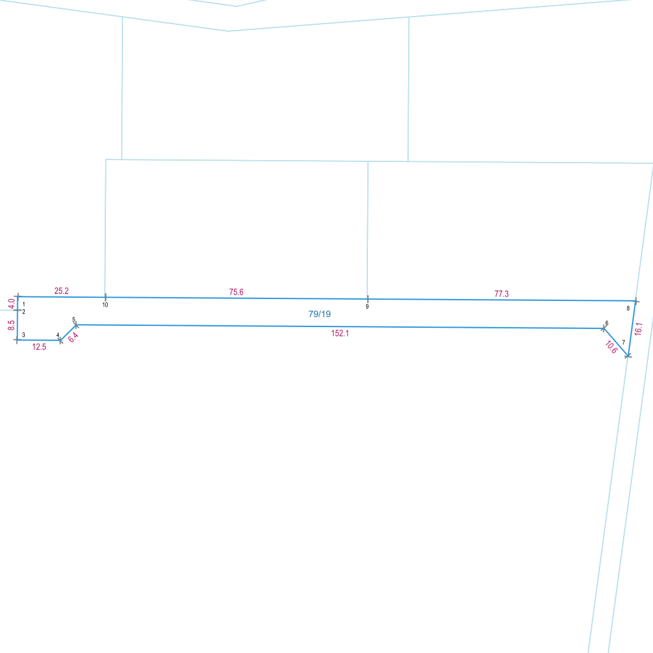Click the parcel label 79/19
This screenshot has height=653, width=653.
[x=319, y=314]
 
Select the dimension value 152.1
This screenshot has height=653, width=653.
[x=340, y=334]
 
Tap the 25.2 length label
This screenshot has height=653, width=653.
[x=62, y=291]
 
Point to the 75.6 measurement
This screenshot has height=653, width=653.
[x=236, y=292]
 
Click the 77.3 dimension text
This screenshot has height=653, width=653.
[x=502, y=294]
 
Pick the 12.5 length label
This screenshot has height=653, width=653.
[x=39, y=347]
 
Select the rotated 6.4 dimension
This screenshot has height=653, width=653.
[x=73, y=337]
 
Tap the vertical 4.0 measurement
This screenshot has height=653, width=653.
[x=11, y=303]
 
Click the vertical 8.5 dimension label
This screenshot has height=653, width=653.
[x=11, y=325]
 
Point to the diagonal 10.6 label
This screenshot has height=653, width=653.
[x=611, y=348]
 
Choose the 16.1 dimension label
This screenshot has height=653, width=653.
[x=638, y=328]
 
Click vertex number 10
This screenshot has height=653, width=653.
[x=105, y=305]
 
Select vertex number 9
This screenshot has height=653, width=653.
[x=367, y=307]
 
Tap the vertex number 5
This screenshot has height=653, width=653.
[x=73, y=319]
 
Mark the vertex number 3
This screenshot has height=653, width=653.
[x=24, y=335]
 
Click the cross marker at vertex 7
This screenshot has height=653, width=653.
[x=628, y=355]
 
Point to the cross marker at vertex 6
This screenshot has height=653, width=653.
[x=603, y=328]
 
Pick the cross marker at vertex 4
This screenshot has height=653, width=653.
[x=61, y=340]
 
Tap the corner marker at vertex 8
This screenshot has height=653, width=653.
[x=635, y=300]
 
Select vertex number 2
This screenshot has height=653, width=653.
[x=24, y=311]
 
